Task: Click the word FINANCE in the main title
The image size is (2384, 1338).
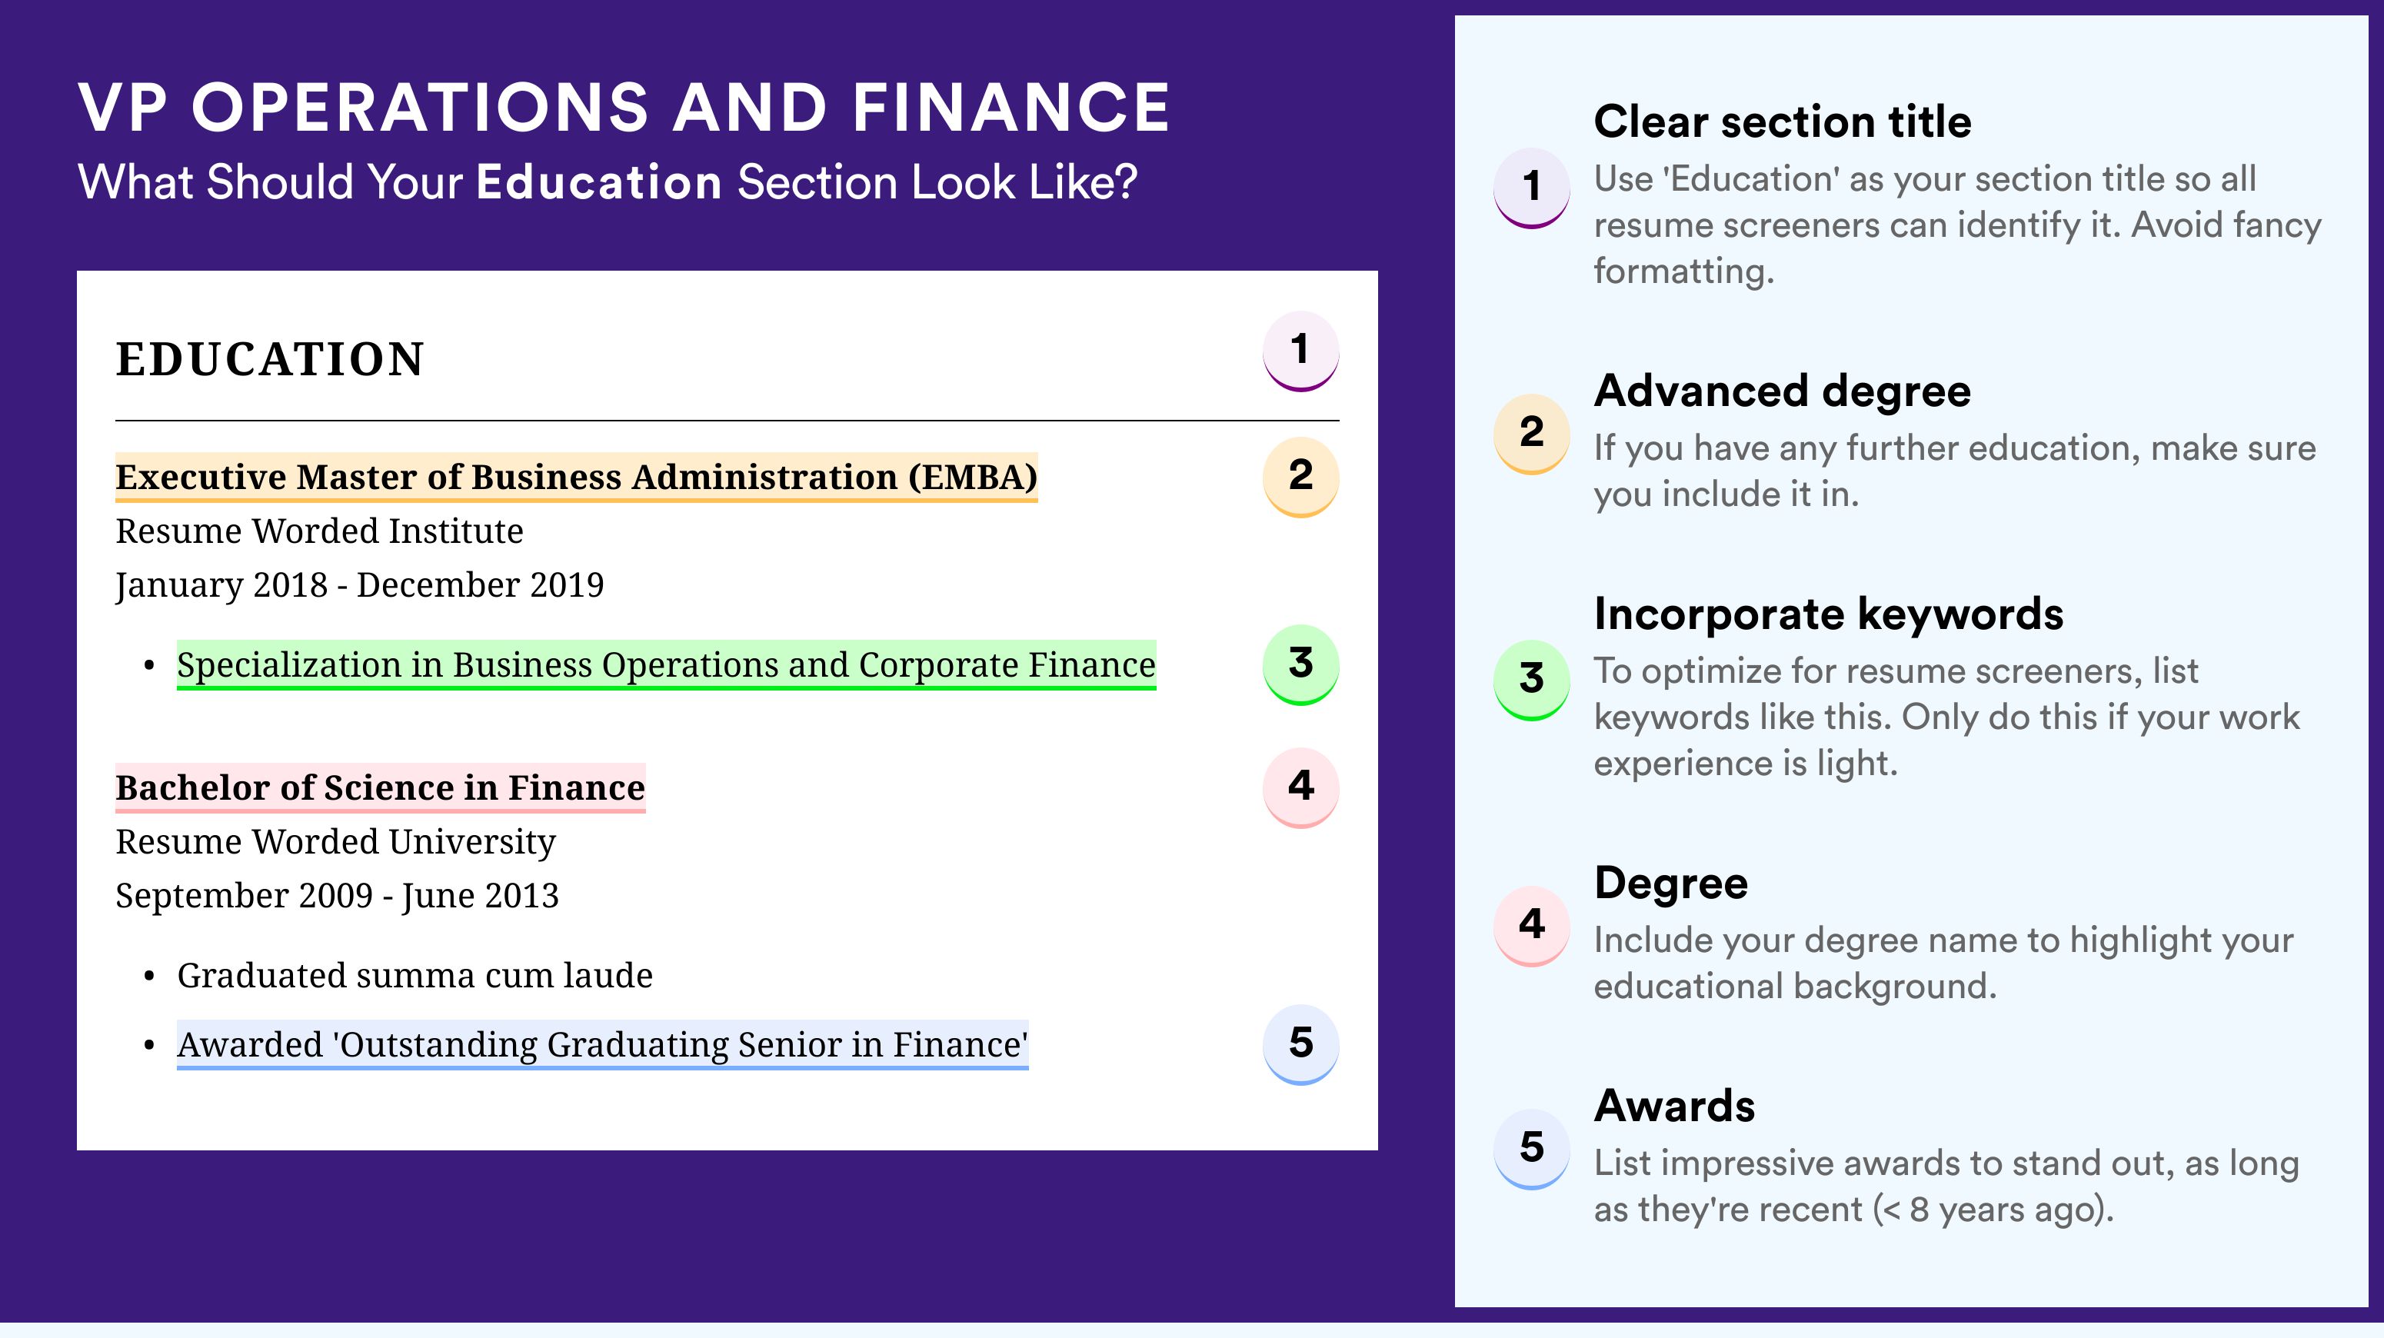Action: coord(1011,108)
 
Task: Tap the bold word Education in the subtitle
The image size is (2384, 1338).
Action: coord(599,181)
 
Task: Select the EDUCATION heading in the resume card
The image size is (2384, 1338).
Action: coord(269,359)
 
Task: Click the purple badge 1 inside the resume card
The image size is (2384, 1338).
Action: coord(1300,351)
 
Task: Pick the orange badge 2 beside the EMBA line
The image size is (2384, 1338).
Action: coord(1300,477)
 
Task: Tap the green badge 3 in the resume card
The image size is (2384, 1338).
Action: coord(1300,664)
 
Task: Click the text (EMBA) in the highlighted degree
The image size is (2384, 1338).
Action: coord(973,478)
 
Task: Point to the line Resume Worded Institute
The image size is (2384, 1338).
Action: coord(319,531)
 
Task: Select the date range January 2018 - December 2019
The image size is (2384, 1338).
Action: coord(359,584)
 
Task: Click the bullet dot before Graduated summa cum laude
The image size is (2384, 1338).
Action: coord(149,977)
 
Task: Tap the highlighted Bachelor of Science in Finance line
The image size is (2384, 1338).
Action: coord(381,787)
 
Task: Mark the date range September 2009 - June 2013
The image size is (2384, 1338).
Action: coord(337,896)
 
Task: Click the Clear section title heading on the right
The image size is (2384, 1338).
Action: coord(1783,121)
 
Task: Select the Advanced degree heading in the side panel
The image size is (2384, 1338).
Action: coord(1783,391)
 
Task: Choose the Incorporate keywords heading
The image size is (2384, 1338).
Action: coord(1829,614)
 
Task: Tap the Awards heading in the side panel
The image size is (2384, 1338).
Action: coord(1674,1106)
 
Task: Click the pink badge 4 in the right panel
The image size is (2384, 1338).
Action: coord(1532,925)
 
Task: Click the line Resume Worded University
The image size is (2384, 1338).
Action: coord(336,842)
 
